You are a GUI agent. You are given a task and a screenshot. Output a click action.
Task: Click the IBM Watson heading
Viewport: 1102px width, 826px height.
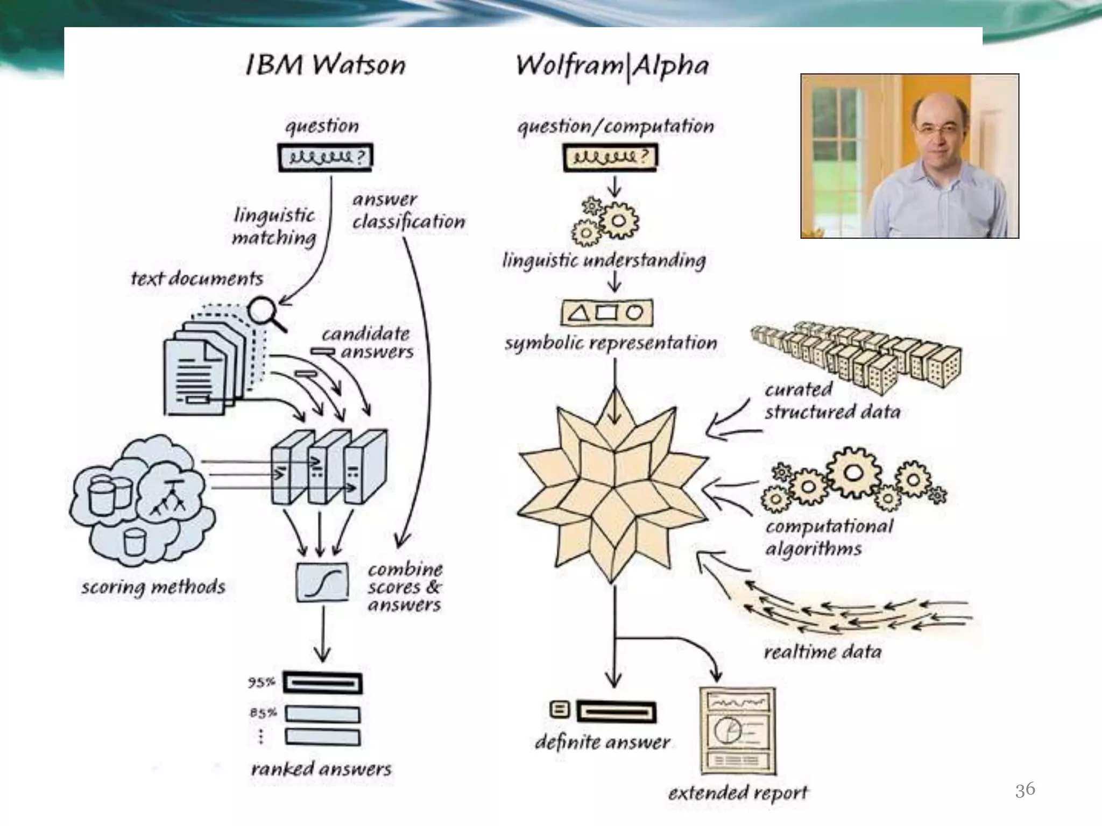click(325, 65)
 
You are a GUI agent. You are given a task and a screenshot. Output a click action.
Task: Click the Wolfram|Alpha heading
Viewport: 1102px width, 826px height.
click(612, 66)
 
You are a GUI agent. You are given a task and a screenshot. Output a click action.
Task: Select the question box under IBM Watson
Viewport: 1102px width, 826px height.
click(325, 157)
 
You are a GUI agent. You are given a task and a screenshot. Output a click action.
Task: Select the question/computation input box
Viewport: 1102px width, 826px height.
click(610, 157)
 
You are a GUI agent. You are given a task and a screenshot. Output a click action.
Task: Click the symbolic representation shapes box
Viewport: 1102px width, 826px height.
click(607, 313)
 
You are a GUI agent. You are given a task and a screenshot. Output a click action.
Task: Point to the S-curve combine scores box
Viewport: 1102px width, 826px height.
click(322, 582)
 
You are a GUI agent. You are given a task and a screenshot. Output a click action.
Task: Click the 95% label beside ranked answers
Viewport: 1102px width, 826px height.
click(262, 682)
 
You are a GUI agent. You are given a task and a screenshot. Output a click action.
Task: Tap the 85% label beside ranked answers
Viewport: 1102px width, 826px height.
click(263, 713)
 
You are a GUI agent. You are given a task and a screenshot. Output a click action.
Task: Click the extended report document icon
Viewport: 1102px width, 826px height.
click(738, 730)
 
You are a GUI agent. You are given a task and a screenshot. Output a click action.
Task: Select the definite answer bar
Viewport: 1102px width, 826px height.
click(616, 712)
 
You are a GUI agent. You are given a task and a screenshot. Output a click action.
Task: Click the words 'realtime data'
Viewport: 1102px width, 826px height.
click(822, 652)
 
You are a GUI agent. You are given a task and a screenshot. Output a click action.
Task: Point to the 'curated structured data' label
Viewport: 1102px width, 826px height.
click(832, 401)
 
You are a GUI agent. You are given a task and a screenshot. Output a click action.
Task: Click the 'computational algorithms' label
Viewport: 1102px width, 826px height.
click(829, 537)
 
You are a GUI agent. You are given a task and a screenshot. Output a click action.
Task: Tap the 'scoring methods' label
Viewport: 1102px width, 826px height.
click(153, 587)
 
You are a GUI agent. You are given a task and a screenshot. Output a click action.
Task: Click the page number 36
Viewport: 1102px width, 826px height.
click(1025, 789)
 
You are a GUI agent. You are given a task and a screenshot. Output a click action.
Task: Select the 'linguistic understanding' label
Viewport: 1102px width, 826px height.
click(604, 261)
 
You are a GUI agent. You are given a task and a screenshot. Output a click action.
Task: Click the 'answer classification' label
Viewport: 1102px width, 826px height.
click(408, 211)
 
